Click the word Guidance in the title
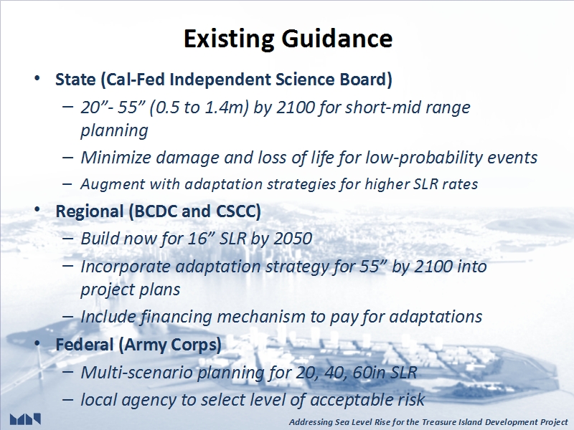pos(337,39)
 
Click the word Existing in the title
pos(229,39)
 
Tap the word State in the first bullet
pos(75,80)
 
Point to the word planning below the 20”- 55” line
pos(114,130)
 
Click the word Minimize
pos(116,158)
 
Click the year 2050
pos(293,239)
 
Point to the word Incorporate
pos(125,267)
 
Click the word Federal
pos(85,345)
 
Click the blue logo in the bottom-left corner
pos(25,419)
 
